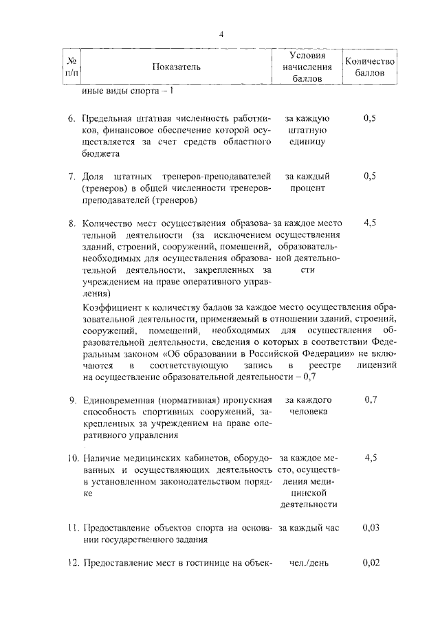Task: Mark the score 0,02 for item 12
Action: click(370, 563)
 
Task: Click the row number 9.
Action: click(71, 400)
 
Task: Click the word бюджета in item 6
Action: click(100, 155)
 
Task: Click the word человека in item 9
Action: click(309, 412)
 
